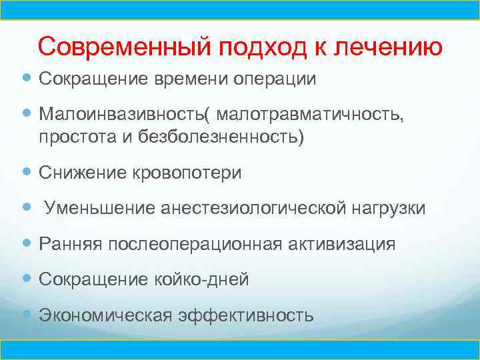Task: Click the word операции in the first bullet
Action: pos(274,79)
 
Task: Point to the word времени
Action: pos(190,79)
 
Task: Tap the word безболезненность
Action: pos(221,137)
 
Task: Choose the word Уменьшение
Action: pos(100,209)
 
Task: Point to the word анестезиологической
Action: pos(251,209)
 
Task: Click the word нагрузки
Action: pos(387,209)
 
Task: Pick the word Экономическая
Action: pos(104,315)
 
